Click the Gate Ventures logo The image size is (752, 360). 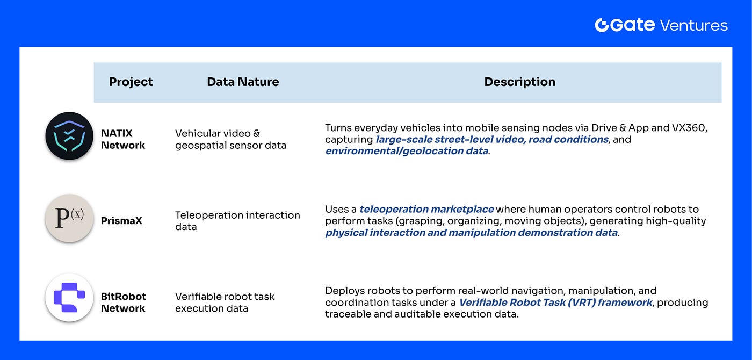(x=661, y=25)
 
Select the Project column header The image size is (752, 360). (x=131, y=82)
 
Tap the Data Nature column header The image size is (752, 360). (x=243, y=82)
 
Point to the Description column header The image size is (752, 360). (x=519, y=82)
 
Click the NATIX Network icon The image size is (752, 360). (x=69, y=136)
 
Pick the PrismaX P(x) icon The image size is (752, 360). (x=69, y=218)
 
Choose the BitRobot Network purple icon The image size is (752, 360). (x=69, y=298)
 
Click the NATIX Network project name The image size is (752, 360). (x=123, y=139)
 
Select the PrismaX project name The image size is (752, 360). (x=121, y=221)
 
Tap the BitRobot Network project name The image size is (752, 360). (x=123, y=303)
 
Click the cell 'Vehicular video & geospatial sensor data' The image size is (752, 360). (x=230, y=139)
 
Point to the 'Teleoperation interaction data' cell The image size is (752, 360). (x=237, y=221)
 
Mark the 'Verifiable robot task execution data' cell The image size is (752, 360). (x=225, y=303)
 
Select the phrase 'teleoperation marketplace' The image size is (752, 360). (x=426, y=210)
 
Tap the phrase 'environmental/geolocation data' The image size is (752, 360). (x=407, y=152)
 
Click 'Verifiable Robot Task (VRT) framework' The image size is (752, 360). (x=555, y=303)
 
